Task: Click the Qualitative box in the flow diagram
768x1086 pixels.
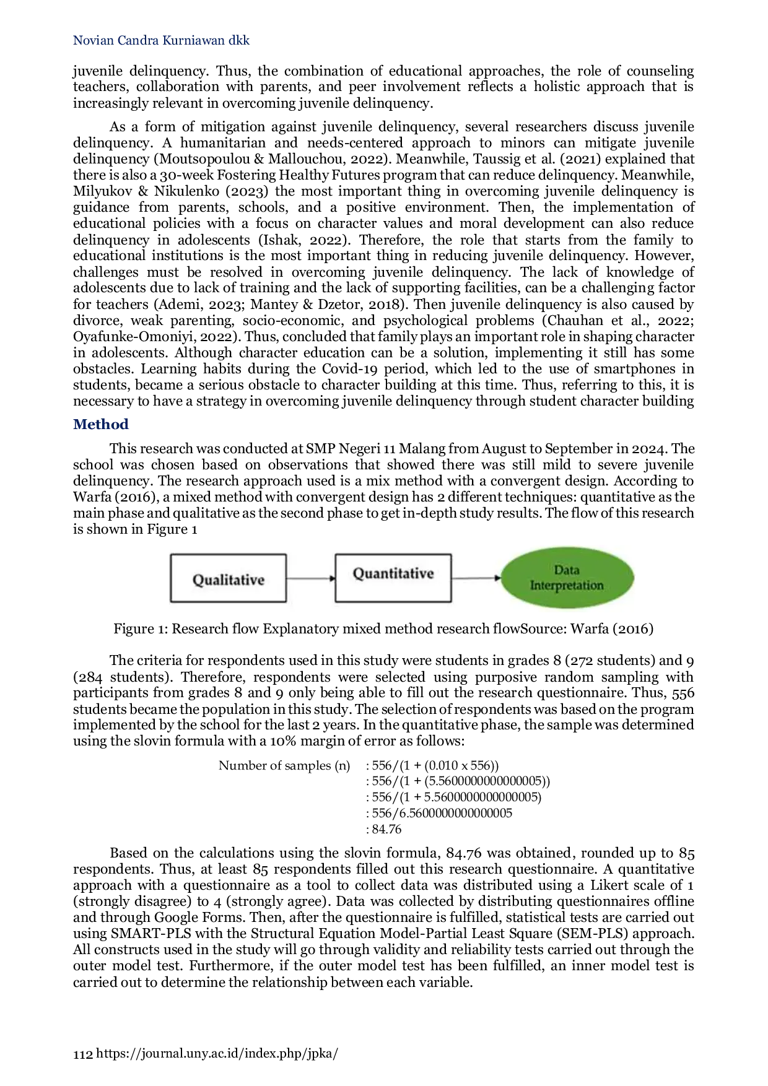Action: coord(229,578)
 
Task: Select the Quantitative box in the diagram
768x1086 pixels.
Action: coord(393,578)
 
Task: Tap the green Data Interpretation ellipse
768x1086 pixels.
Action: coord(567,578)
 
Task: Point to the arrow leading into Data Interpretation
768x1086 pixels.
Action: coord(476,578)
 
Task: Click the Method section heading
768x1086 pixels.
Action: coord(101,425)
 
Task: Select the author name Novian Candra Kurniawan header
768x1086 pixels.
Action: coord(161,41)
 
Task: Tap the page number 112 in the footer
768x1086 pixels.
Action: coord(83,1054)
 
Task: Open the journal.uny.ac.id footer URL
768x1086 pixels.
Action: coord(217,1054)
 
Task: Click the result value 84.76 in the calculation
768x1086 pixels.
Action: coord(386,830)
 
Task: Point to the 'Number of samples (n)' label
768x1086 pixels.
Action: coord(284,766)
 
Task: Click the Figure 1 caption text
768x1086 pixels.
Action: coord(383,629)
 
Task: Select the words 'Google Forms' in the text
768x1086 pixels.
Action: coord(196,918)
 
